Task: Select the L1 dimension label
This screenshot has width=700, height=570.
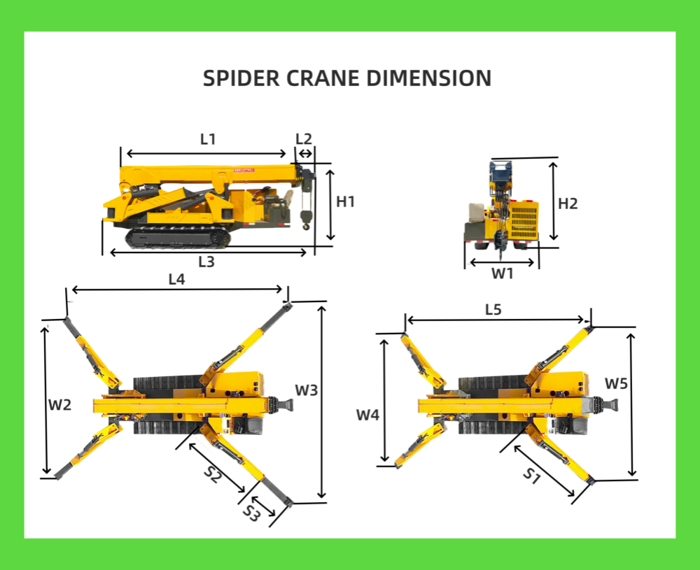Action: (x=208, y=139)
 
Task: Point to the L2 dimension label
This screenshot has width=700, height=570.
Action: (x=304, y=138)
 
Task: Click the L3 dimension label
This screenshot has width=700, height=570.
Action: (x=206, y=262)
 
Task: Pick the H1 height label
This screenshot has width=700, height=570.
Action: (x=346, y=201)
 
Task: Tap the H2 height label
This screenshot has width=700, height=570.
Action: (x=568, y=204)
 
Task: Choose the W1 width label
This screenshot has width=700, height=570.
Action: (x=502, y=273)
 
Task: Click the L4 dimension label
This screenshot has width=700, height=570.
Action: (x=177, y=279)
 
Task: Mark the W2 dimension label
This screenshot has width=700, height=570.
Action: (x=59, y=405)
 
